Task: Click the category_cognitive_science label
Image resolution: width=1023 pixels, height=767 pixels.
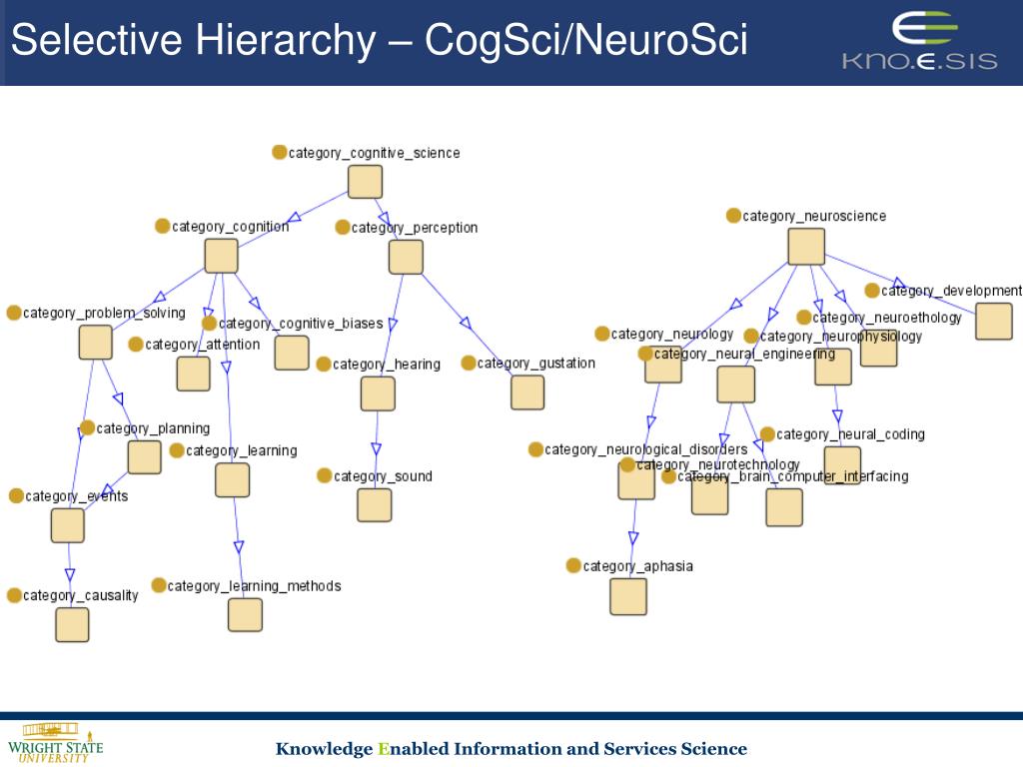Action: pos(374,153)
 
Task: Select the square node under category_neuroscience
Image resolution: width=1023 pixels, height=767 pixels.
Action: pos(806,247)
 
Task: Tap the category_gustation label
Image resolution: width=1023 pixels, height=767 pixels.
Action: pos(535,364)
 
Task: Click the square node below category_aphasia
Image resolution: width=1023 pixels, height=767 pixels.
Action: pos(628,596)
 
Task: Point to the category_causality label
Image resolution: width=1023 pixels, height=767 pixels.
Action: pos(80,596)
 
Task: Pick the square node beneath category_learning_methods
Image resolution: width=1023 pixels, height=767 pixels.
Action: pos(245,614)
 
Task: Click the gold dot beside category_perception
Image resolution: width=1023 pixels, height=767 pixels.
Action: pos(343,228)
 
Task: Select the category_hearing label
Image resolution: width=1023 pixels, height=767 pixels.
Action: pos(386,365)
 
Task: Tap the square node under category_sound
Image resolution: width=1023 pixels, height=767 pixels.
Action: pos(375,505)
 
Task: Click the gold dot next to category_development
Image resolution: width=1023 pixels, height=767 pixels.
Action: pos(872,291)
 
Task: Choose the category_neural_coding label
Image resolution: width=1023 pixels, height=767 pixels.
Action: pos(850,434)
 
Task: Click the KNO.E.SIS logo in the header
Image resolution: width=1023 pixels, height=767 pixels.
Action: pos(919,41)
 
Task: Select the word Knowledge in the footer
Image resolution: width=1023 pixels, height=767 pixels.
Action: pos(324,749)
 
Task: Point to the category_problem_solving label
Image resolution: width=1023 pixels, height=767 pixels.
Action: pos(104,314)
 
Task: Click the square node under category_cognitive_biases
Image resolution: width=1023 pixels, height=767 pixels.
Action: pos(292,353)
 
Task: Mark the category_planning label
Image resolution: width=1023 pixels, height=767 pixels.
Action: pos(153,428)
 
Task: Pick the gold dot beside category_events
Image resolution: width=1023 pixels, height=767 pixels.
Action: pos(16,496)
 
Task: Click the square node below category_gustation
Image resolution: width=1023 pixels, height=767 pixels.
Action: pos(527,392)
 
